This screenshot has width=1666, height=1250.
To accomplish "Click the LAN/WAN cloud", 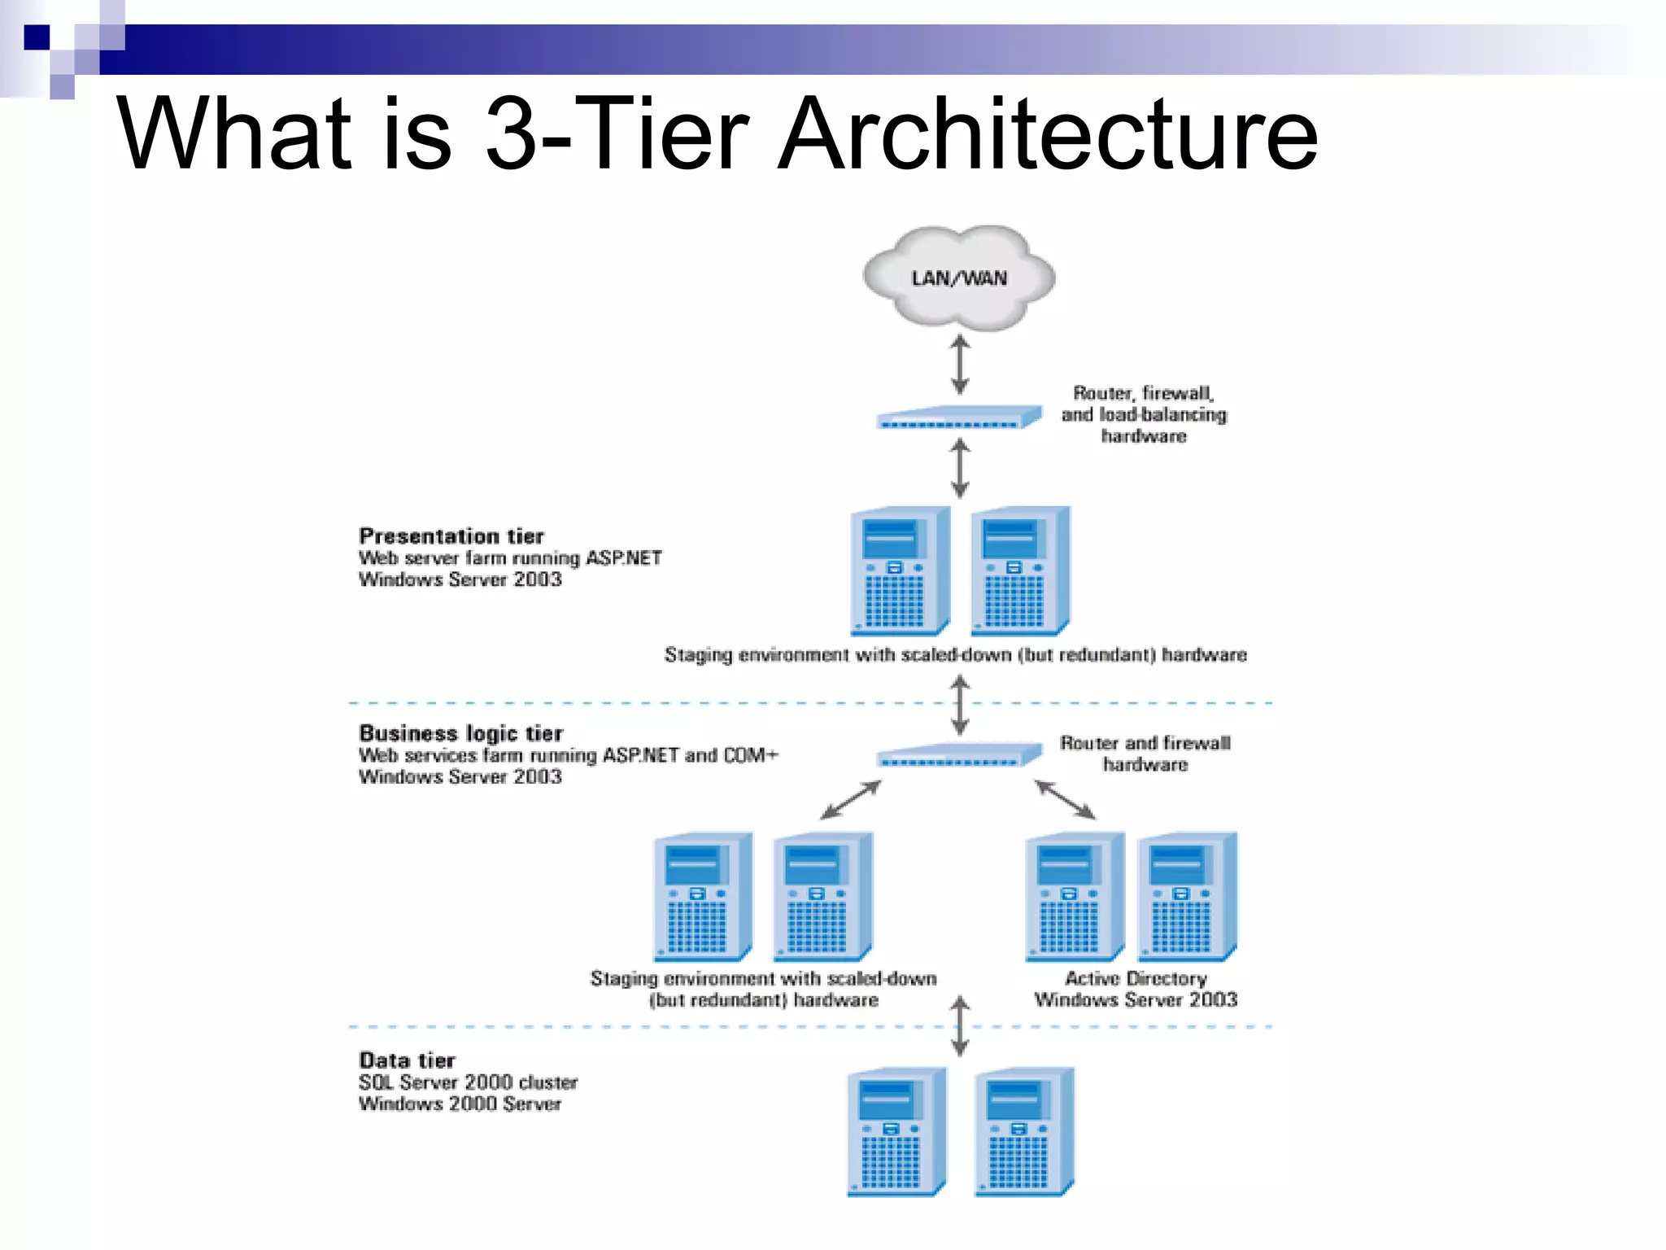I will pyautogui.click(x=959, y=278).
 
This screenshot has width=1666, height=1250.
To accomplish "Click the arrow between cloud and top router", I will pyautogui.click(x=960, y=365).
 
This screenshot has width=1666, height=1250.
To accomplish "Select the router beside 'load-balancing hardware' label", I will pyautogui.click(x=958, y=418).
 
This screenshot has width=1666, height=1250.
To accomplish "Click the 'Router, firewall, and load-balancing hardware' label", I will pyautogui.click(x=1143, y=414).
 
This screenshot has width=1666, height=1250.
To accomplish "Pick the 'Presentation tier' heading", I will pyautogui.click(x=451, y=536).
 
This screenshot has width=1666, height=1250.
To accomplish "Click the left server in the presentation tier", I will pyautogui.click(x=900, y=571).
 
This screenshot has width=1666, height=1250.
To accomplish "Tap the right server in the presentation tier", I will pyautogui.click(x=1020, y=571).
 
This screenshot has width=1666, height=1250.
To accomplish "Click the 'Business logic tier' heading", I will pyautogui.click(x=460, y=733).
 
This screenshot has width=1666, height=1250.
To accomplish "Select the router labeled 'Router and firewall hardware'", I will pyautogui.click(x=958, y=755).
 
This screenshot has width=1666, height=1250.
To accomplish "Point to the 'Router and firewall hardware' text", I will pyautogui.click(x=1145, y=754).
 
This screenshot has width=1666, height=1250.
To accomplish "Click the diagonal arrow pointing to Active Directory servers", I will pyautogui.click(x=1065, y=799).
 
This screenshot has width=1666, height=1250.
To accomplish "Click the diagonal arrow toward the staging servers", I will pyautogui.click(x=851, y=799).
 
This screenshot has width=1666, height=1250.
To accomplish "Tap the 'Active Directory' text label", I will pyautogui.click(x=1136, y=978).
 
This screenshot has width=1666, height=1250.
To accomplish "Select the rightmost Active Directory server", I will pyautogui.click(x=1187, y=896).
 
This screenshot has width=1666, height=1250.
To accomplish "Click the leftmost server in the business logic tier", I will pyautogui.click(x=703, y=896).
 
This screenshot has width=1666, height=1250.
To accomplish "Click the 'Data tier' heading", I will pyautogui.click(x=407, y=1060).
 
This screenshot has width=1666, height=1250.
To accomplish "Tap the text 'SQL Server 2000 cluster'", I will pyautogui.click(x=468, y=1082).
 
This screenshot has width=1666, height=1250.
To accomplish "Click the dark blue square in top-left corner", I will pyautogui.click(x=37, y=37).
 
